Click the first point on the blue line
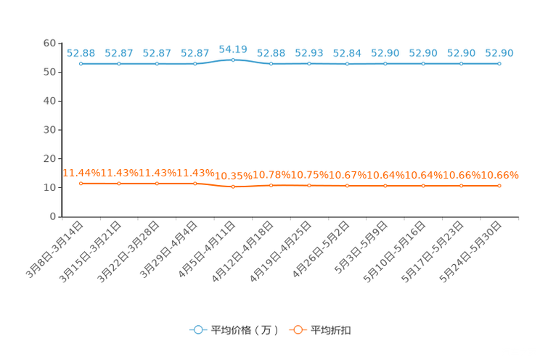coord(81,64)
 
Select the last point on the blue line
coord(499,64)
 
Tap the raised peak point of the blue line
coord(233,60)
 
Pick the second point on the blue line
coord(119,64)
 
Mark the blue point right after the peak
coord(271,64)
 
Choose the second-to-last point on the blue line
coord(462,64)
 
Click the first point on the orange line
coord(81,184)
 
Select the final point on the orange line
coord(499,187)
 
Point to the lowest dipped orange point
coord(233,187)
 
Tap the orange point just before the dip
coord(195,184)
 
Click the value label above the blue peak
coord(233,49)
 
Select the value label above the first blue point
coord(81,53)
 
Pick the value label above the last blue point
coord(499,53)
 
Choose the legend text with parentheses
coord(245,330)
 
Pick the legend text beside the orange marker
coord(332,330)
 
